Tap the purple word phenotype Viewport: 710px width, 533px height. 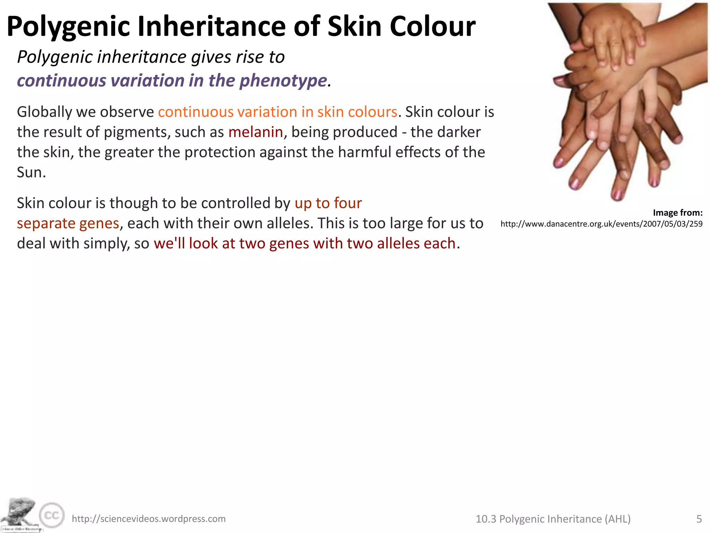tap(283, 81)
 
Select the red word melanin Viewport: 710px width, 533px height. tap(256, 132)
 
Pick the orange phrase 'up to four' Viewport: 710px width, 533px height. tap(328, 203)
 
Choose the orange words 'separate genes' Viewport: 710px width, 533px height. tap(68, 223)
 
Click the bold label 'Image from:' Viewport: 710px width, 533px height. tap(677, 213)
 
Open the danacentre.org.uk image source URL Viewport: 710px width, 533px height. tap(601, 224)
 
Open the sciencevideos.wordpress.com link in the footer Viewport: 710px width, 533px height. tap(148, 519)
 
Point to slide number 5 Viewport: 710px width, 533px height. tap(699, 519)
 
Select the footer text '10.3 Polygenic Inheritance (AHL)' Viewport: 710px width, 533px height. tap(553, 519)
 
